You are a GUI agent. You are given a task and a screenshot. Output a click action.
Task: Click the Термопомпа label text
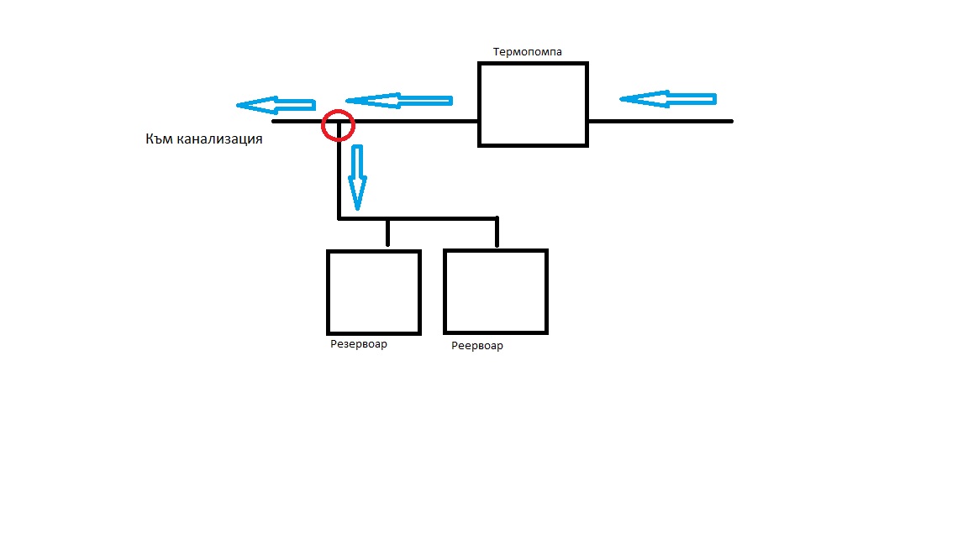528,52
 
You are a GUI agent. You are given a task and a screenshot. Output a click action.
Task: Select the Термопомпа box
533,104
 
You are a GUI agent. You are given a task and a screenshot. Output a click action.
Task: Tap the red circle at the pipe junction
339,125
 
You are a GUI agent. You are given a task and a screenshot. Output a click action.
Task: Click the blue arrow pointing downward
357,176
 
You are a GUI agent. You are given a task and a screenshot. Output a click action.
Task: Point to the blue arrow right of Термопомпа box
667,98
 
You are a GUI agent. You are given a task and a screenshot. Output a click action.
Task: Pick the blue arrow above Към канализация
276,105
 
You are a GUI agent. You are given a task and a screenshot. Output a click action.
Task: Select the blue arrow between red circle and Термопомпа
399,101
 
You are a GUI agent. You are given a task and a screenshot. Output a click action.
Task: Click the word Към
160,139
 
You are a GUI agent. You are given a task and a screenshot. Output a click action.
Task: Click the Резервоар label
359,344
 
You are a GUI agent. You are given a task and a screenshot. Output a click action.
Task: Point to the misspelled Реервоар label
477,346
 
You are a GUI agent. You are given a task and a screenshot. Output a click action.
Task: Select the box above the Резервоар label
373,291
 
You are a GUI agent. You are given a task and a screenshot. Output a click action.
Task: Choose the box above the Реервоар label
496,291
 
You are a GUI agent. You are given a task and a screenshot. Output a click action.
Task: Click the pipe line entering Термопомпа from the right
660,121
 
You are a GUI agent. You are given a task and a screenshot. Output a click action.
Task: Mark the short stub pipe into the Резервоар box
387,233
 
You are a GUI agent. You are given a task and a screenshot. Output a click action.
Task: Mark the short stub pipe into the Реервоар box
497,233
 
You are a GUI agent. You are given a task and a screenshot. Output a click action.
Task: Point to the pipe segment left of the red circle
298,121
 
